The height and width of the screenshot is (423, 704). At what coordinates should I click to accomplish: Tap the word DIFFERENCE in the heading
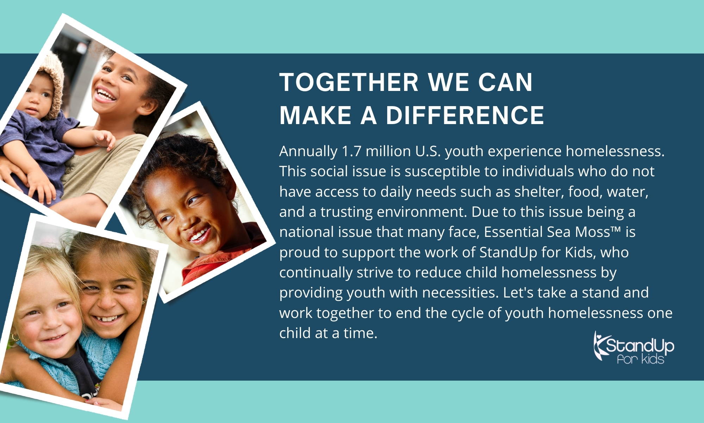pyautogui.click(x=465, y=115)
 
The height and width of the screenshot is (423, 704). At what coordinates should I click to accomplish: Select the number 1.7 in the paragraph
pyautogui.click(x=352, y=151)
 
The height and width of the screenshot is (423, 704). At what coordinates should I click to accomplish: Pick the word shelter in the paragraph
pyautogui.click(x=538, y=192)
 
